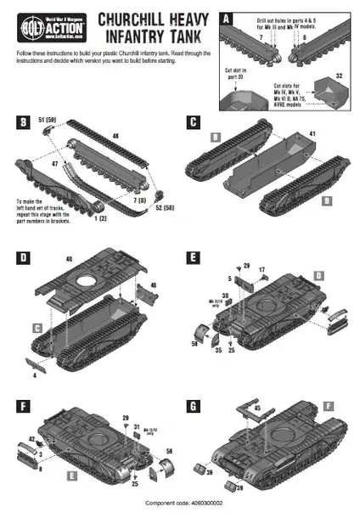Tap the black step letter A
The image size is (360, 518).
tap(224, 17)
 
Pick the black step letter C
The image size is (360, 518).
tap(194, 122)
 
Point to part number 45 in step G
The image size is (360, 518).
tap(256, 407)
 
